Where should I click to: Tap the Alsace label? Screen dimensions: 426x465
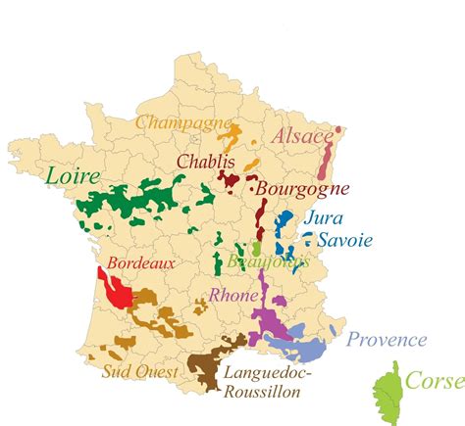click(x=302, y=137)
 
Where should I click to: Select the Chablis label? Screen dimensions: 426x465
click(x=206, y=161)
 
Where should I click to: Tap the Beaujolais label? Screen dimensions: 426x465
click(x=267, y=262)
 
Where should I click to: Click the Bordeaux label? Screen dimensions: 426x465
click(x=140, y=263)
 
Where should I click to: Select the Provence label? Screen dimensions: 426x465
click(x=387, y=340)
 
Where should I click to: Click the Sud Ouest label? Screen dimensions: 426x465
click(x=139, y=372)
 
